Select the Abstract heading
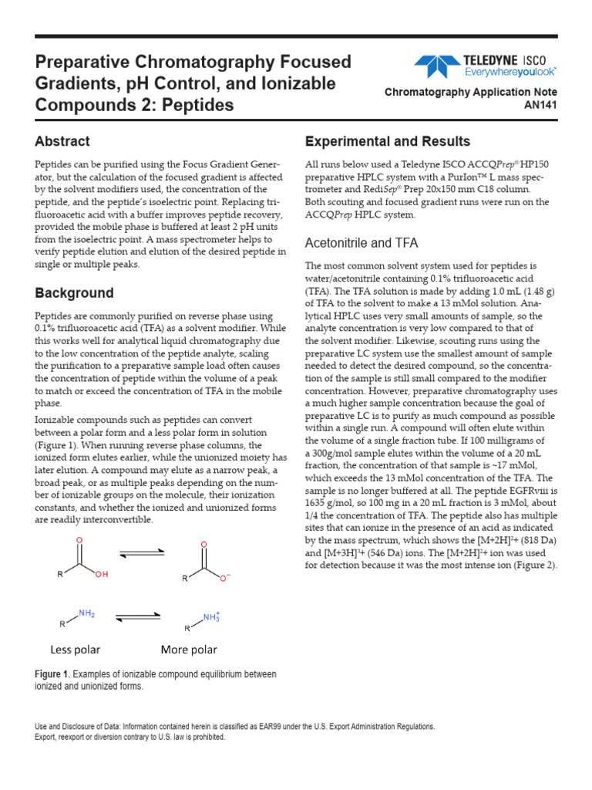62,141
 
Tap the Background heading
74,293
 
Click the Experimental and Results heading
387,141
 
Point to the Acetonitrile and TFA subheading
361,243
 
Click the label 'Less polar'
76,649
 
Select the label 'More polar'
189,649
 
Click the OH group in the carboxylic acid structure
103,575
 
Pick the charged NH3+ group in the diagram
210,616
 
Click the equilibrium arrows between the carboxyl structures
141,552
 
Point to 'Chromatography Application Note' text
470,92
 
